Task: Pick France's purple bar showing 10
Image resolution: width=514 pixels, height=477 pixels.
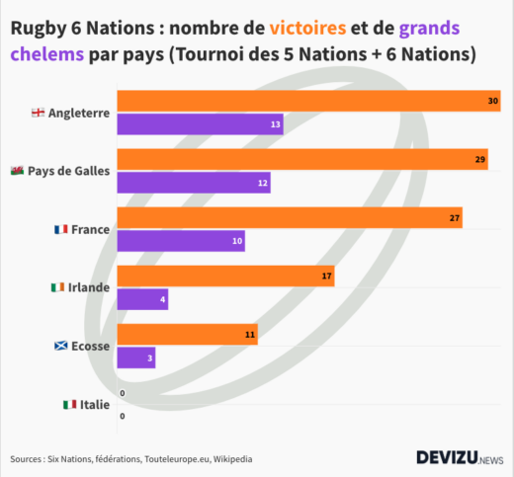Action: (181, 241)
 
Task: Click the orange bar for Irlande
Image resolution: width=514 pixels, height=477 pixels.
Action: (225, 277)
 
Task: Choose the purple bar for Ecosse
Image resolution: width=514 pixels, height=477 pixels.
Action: (136, 358)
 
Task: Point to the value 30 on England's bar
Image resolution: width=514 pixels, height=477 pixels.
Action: (492, 102)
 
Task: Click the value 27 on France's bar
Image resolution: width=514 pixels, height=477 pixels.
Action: (455, 218)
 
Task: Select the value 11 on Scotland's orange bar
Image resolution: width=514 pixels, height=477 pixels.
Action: (250, 336)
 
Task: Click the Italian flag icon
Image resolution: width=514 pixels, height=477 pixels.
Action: (69, 405)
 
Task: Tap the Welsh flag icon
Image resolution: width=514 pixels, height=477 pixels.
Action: (17, 171)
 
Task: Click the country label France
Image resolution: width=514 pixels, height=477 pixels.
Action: (90, 229)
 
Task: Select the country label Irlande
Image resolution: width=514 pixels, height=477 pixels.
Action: (88, 287)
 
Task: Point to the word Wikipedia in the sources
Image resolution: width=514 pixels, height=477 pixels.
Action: (228, 459)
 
